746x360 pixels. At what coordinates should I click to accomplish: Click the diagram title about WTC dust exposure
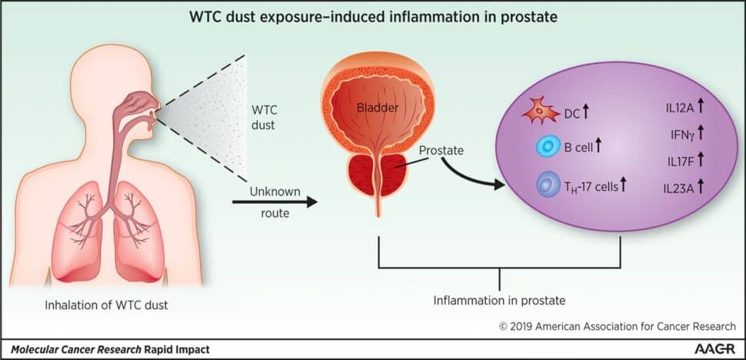click(372, 16)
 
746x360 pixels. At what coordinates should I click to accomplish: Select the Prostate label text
click(441, 149)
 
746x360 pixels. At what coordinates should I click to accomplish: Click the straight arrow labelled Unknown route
click(274, 202)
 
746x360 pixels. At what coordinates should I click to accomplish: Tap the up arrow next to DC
click(586, 114)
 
